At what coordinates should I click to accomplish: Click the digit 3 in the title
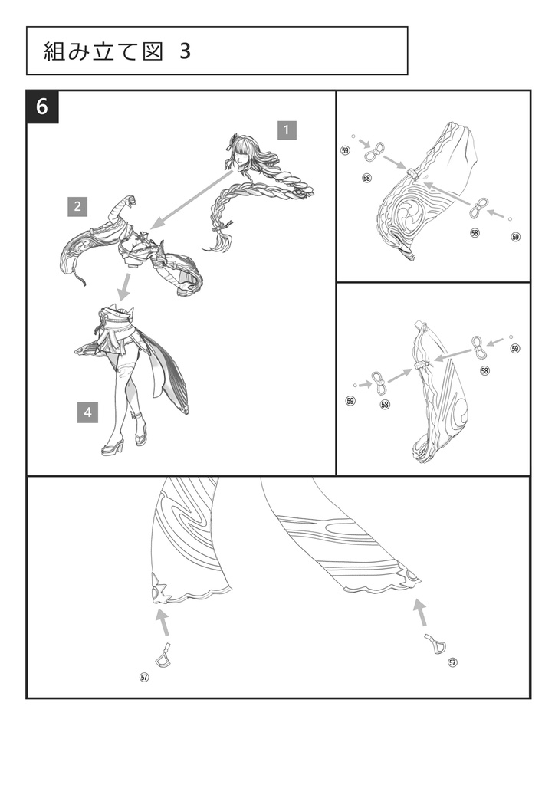[x=186, y=51]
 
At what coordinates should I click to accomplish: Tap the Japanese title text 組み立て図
[x=104, y=51]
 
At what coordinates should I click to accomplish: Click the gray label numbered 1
[x=286, y=130]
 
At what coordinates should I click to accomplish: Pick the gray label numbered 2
[x=77, y=205]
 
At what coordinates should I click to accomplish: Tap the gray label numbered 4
[x=87, y=412]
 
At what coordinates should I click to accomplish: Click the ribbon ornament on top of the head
[x=233, y=139]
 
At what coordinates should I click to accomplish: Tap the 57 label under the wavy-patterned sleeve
[x=144, y=677]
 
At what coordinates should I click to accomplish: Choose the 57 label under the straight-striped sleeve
[x=452, y=662]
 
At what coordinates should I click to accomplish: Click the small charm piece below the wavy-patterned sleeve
[x=163, y=655]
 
